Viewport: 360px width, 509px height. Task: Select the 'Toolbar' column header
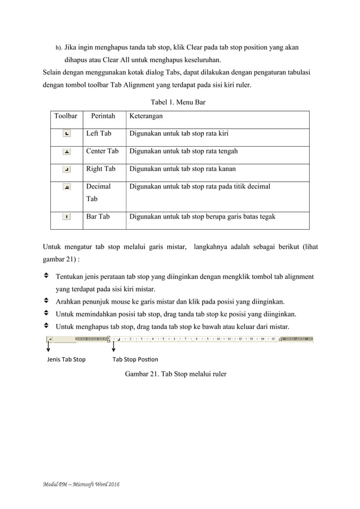[65, 116]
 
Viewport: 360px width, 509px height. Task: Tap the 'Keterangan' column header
[146, 116]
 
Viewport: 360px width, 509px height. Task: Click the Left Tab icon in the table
[67, 134]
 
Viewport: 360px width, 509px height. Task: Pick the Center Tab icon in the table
[67, 151]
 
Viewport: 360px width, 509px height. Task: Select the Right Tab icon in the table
[67, 169]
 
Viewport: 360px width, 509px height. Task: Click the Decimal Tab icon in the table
[67, 187]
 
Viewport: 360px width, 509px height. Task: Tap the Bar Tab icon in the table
[67, 216]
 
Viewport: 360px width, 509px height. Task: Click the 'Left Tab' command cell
[98, 134]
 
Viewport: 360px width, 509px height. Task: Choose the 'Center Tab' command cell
[102, 151]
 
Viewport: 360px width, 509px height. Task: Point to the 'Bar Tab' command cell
[98, 216]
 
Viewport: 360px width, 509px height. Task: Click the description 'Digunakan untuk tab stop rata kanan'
[182, 169]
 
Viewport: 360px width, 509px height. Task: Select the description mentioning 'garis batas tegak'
[203, 216]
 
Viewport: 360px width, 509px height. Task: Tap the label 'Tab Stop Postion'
[135, 359]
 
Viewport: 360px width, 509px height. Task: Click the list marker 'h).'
[58, 48]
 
